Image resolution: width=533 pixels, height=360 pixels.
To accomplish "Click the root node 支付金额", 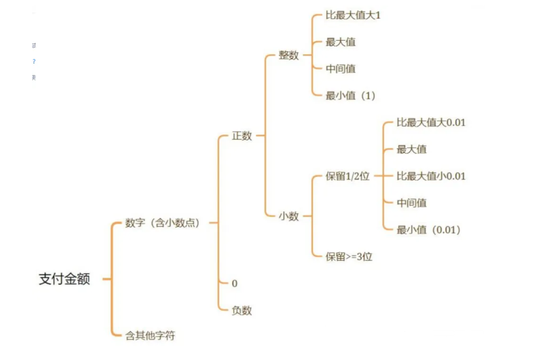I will click(x=64, y=279).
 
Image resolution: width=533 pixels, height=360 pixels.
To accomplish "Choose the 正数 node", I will click(x=242, y=136).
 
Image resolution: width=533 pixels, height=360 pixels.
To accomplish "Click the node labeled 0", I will click(x=234, y=283).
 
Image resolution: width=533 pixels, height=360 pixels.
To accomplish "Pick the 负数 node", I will click(x=242, y=310).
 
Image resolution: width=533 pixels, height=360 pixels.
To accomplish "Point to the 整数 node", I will click(x=289, y=56).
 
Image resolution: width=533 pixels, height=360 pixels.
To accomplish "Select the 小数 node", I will click(x=289, y=216).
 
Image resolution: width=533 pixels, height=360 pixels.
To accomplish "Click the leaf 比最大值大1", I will click(x=353, y=15).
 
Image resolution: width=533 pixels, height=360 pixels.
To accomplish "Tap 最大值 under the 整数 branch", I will click(x=340, y=41).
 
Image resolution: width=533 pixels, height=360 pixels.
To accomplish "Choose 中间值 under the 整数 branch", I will click(x=340, y=68).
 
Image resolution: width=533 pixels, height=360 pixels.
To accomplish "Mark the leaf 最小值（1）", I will click(x=350, y=96).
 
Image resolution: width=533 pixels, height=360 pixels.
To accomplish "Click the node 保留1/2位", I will click(x=348, y=176).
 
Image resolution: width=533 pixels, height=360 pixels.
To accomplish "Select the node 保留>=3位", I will click(x=349, y=256).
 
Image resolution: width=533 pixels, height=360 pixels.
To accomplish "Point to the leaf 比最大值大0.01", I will click(x=431, y=122).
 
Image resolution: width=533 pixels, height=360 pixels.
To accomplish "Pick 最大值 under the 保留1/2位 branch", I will click(x=411, y=149).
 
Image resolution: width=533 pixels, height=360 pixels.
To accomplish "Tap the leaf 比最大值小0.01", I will click(x=431, y=176).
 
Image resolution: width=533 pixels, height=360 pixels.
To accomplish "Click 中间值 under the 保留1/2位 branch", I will click(x=411, y=203).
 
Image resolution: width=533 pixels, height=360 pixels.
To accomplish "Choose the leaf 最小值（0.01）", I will click(x=429, y=230).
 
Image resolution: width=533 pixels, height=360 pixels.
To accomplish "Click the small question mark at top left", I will click(x=34, y=62).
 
